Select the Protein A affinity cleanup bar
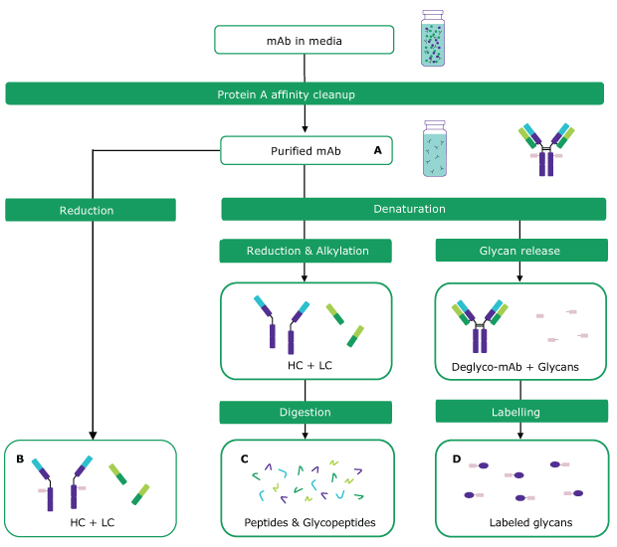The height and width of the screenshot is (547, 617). [305, 94]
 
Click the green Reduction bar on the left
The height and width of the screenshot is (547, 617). [91, 210]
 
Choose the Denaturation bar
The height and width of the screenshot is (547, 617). [413, 209]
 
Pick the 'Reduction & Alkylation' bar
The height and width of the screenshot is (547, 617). [307, 251]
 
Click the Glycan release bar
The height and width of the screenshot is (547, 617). [521, 251]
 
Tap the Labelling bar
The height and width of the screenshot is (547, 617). [521, 412]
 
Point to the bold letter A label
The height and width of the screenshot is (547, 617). [377, 150]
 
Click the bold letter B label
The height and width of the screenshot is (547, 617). [20, 458]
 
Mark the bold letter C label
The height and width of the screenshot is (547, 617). [244, 458]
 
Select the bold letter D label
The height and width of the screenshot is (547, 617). [457, 458]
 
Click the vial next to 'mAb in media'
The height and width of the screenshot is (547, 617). [433, 39]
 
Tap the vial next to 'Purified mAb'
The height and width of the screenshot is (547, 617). [435, 149]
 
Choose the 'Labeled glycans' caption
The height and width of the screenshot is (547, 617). [522, 522]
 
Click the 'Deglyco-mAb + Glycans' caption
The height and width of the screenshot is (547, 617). [521, 368]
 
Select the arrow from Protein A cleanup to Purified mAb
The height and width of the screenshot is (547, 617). [305, 119]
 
